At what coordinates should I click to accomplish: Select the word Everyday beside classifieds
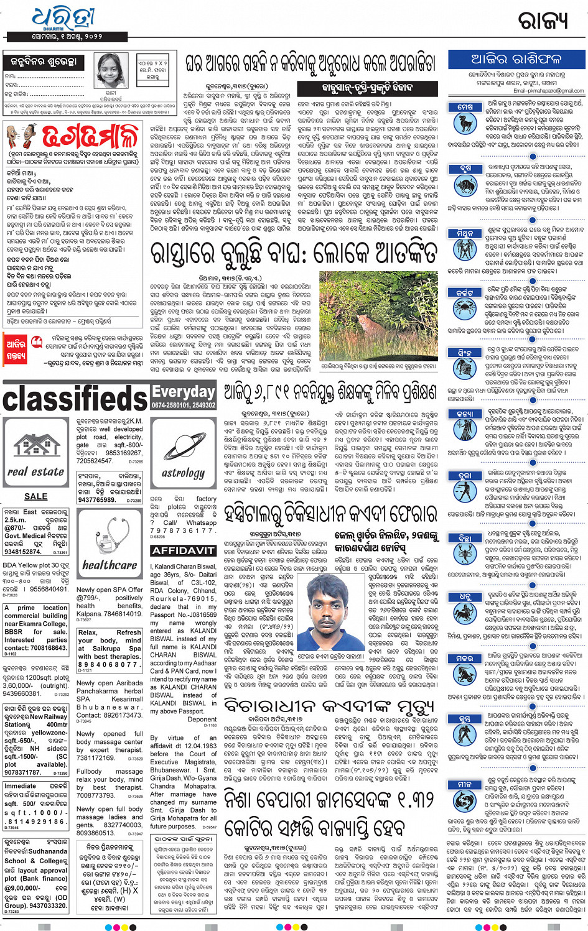[x=184, y=392]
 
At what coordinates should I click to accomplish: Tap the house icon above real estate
[x=35, y=445]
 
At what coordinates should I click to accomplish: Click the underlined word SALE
[x=35, y=496]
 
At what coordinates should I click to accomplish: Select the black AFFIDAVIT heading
[x=183, y=551]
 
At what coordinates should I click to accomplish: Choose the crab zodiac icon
[x=465, y=307]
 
